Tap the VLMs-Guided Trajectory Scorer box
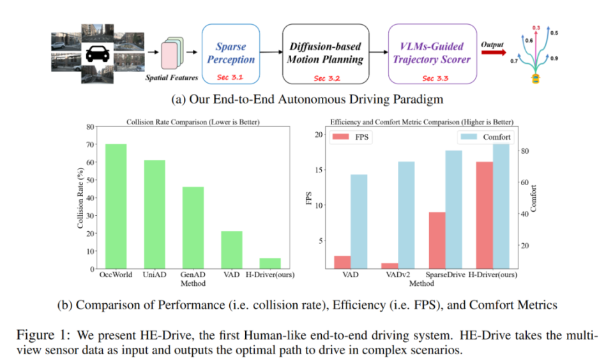pos(432,54)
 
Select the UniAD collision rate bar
pos(155,213)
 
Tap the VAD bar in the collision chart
pos(232,249)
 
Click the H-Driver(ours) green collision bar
pos(270,262)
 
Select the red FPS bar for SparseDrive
pos(436,239)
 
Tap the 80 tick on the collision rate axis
pos(90,127)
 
